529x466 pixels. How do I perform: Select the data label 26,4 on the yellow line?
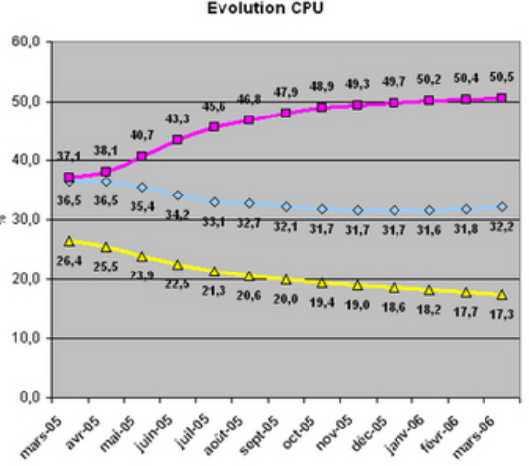pos(69,261)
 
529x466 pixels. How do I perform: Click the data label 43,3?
pos(176,118)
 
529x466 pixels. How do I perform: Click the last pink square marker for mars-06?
pos(501,98)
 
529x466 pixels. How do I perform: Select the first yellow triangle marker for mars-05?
pos(68,241)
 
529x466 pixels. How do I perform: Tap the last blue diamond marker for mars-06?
pos(501,207)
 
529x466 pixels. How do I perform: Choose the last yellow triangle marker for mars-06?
pos(501,294)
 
